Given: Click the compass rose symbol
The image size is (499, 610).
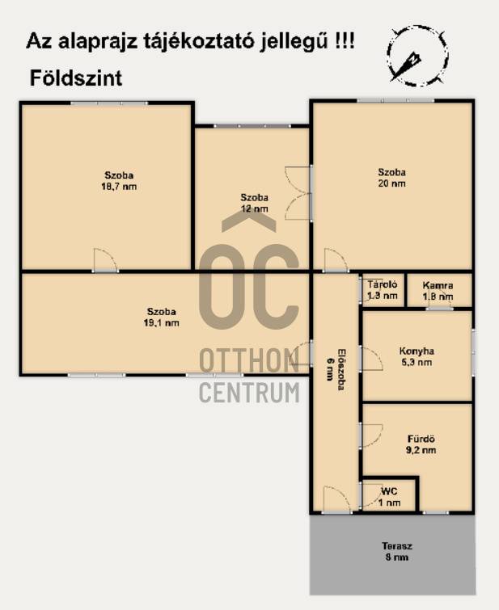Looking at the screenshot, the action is (417, 55).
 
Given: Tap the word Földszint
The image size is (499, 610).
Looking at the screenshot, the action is (76, 78).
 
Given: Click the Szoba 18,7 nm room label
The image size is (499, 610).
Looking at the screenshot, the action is (119, 181).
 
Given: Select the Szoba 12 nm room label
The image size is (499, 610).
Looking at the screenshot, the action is (255, 203).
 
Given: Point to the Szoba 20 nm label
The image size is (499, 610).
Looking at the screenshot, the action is (392, 178).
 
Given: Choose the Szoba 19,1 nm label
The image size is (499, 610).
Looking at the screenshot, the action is (161, 317).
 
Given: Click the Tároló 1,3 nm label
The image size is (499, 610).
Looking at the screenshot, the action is (383, 290).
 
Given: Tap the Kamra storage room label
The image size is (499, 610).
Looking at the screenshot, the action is (438, 291).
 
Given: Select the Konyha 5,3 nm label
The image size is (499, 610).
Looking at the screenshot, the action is (417, 357).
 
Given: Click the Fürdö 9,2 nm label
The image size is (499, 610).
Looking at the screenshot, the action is (421, 444).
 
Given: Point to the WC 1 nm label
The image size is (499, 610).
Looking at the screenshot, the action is (389, 497).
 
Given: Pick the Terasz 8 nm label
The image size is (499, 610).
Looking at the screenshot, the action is (397, 552).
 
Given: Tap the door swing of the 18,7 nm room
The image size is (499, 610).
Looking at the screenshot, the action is (106, 260).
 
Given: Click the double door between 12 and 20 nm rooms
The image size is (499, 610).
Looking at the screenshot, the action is (298, 193).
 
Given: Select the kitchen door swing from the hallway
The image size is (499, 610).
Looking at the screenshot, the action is (371, 359).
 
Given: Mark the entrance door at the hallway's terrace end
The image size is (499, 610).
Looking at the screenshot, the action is (336, 499).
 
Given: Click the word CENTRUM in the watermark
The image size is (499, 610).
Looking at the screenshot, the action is (250, 392).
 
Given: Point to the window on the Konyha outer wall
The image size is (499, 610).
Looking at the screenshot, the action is (473, 352).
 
